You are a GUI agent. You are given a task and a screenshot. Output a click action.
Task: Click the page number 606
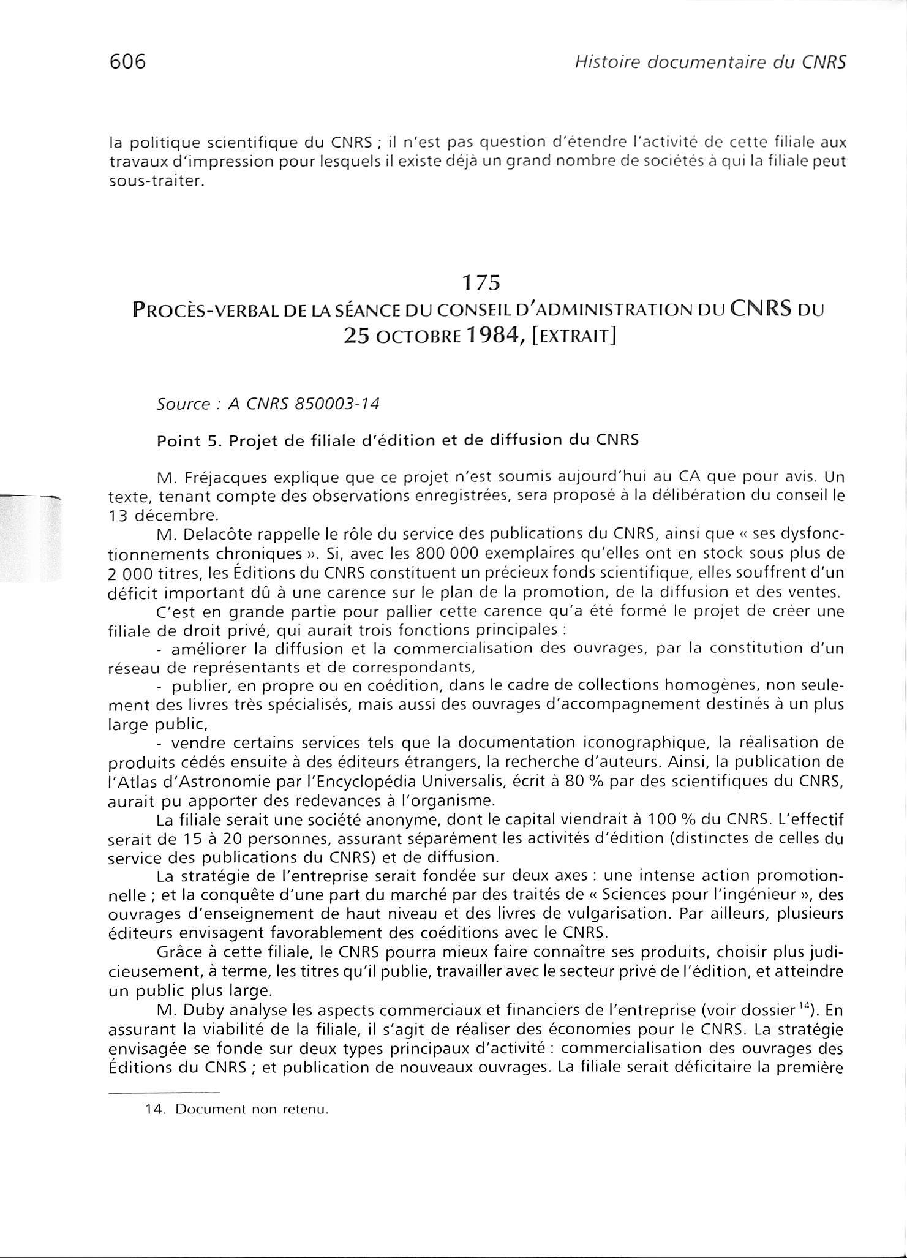pos(127,62)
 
